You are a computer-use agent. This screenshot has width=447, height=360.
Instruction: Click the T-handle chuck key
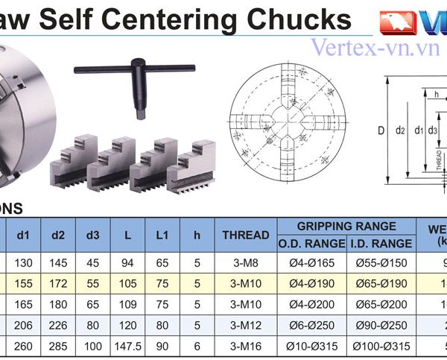pyautogui.click(x=134, y=83)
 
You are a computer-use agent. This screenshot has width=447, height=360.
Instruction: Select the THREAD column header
pyautogui.click(x=246, y=235)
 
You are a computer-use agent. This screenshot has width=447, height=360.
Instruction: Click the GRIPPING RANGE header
pyautogui.click(x=346, y=226)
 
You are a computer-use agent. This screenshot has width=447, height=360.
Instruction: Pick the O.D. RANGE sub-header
pyautogui.click(x=313, y=243)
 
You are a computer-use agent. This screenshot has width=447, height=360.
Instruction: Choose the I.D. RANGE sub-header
pyautogui.click(x=382, y=243)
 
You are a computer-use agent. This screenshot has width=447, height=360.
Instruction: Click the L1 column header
pyautogui.click(x=162, y=235)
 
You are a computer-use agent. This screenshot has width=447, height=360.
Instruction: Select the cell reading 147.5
pyautogui.click(x=128, y=347)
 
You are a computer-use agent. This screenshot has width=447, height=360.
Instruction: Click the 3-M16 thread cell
pyautogui.click(x=246, y=347)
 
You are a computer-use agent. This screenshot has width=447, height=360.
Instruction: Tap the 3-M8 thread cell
pyautogui.click(x=246, y=262)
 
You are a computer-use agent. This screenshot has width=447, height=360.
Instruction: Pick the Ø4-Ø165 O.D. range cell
pyautogui.click(x=313, y=262)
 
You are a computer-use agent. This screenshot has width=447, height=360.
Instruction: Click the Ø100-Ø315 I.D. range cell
pyautogui.click(x=382, y=347)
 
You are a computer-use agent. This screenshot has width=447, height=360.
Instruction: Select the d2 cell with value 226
pyautogui.click(x=58, y=326)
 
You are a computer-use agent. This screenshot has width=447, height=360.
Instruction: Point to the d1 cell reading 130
pyautogui.click(x=23, y=262)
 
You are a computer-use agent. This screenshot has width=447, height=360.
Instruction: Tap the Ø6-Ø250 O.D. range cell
pyautogui.click(x=313, y=326)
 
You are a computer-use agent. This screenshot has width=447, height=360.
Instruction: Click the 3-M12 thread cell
pyautogui.click(x=246, y=326)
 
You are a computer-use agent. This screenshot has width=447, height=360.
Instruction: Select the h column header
pyautogui.click(x=197, y=235)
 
